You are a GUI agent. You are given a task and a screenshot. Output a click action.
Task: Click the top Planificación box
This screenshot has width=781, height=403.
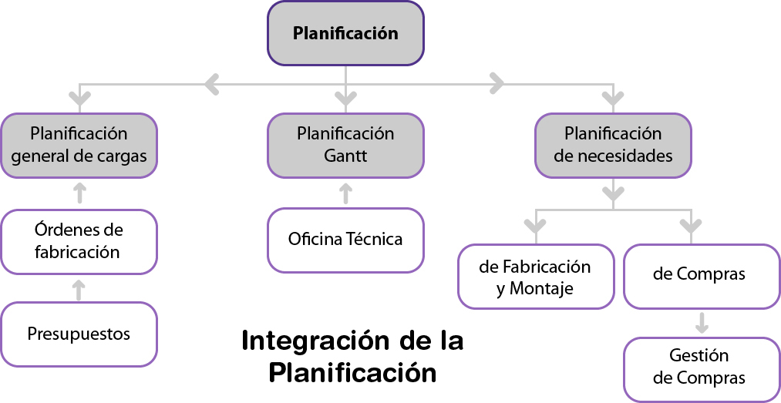(x=345, y=33)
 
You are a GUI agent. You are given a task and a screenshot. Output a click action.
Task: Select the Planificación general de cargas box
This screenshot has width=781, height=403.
(x=79, y=145)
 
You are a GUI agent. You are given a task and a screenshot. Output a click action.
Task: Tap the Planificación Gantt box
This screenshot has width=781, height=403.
(x=345, y=145)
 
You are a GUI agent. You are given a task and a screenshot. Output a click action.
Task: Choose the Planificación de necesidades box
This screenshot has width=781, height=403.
(x=613, y=145)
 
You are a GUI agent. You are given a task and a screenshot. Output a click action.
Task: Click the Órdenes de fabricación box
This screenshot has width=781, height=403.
(x=79, y=241)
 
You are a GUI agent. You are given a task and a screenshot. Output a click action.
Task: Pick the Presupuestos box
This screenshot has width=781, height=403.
(x=79, y=334)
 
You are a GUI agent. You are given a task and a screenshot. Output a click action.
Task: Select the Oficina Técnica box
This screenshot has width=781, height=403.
(x=345, y=240)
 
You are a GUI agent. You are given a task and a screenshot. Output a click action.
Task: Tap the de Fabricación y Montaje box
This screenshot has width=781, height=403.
(x=535, y=277)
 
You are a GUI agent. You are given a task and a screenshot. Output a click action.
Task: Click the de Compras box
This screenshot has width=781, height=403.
(x=701, y=275)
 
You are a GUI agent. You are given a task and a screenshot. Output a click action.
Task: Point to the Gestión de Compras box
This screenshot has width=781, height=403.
(x=701, y=368)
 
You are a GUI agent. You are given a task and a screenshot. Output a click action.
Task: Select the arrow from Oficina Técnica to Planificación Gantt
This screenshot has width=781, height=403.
(x=345, y=193)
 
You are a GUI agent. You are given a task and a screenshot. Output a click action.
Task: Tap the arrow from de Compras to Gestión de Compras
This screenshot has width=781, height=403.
(x=701, y=322)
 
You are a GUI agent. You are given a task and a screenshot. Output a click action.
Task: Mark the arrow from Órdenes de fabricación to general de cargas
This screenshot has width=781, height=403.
(x=78, y=193)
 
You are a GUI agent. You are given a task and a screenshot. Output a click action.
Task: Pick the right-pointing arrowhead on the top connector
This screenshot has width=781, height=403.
(x=497, y=82)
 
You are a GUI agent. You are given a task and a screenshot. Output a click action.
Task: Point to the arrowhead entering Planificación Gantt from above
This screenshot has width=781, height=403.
(x=345, y=99)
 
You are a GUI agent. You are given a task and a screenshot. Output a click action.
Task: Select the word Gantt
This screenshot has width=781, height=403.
(x=345, y=156)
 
